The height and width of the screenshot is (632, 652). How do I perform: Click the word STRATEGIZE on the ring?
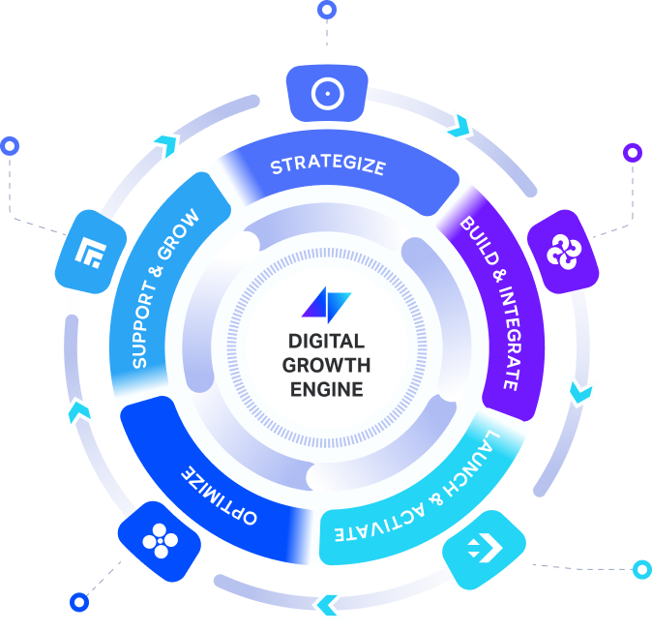pos(327,166)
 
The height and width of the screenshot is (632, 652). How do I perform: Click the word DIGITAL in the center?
pos(326,341)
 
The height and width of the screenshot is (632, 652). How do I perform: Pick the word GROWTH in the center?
pos(326,365)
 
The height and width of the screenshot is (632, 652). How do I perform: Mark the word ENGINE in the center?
pos(326,389)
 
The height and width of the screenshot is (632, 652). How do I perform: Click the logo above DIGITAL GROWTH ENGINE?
pos(326,304)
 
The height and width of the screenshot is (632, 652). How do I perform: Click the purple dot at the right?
pos(633,152)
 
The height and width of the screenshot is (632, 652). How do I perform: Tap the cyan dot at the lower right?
pos(640,569)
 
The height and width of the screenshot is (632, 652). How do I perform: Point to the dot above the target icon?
pos(327,11)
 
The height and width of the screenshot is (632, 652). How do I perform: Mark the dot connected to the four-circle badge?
pos(78,601)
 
